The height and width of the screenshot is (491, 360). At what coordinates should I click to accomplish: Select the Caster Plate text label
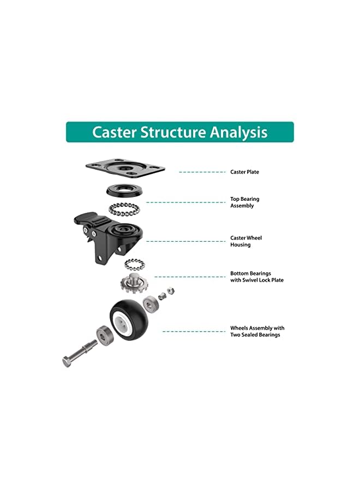[244, 172]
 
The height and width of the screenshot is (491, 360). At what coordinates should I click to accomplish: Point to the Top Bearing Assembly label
[244, 202]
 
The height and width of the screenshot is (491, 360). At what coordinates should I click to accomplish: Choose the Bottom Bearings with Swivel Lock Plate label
[256, 277]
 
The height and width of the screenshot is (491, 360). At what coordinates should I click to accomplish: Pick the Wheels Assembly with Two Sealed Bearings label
[257, 331]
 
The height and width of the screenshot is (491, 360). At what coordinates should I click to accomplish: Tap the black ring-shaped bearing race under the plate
[125, 191]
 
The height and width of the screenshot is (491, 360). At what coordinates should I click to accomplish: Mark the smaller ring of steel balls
[133, 265]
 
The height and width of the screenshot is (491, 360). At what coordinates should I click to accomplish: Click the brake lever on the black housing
[85, 219]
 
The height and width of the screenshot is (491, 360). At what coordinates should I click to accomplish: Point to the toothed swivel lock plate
[132, 284]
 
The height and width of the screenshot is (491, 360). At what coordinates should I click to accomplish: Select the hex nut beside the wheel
[170, 290]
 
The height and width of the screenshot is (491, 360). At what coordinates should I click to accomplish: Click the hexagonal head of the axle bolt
[66, 361]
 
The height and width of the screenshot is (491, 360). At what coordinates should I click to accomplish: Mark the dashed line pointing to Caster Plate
[202, 172]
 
